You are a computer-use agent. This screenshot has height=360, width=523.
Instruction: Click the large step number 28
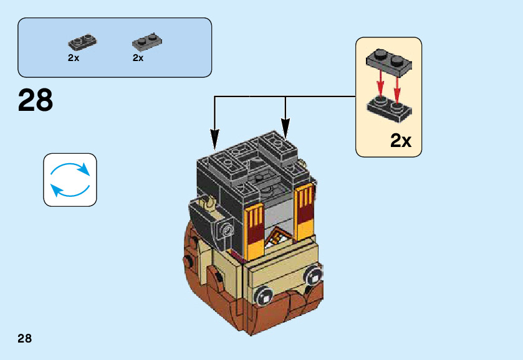point(36,100)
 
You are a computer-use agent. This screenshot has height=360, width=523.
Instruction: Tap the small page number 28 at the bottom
point(25,338)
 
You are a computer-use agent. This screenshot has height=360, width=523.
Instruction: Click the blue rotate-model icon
point(70,180)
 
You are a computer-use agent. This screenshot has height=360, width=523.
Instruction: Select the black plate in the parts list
point(82,42)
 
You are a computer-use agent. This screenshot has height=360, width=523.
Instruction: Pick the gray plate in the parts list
point(147,42)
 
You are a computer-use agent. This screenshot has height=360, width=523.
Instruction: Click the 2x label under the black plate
point(74,58)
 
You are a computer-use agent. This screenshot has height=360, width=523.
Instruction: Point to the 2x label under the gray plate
point(138,58)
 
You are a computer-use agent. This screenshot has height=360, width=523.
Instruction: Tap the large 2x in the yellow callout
point(401,141)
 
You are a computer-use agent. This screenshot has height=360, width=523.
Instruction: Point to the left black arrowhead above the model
point(215,135)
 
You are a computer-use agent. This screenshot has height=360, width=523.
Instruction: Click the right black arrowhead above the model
point(285,132)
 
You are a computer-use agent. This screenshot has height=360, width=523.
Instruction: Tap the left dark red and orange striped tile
point(253,227)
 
